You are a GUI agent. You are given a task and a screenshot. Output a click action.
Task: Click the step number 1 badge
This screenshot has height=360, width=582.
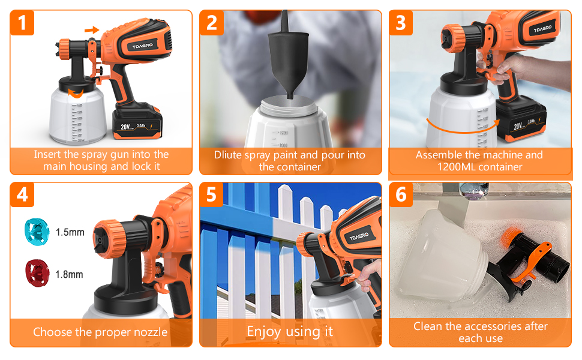tap(22, 23)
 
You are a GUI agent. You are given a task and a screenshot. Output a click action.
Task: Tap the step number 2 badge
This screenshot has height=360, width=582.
tap(212, 23)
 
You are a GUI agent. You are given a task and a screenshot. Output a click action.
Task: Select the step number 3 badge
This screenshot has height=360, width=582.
tap(401, 23)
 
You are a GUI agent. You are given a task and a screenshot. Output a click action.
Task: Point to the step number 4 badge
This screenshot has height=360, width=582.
tap(22, 196)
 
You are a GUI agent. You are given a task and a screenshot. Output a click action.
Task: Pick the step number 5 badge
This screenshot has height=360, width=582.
tap(212, 196)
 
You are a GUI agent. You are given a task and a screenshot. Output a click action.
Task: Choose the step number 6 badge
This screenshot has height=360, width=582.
tap(401, 196)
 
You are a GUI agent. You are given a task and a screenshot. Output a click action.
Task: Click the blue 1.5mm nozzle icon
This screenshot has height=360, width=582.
tap(34, 229)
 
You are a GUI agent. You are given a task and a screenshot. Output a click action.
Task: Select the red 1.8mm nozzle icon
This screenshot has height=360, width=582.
tap(35, 271)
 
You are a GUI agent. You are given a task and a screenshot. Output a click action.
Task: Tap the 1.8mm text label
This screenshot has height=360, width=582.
tap(70, 275)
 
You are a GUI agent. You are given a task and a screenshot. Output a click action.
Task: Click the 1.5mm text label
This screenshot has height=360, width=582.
tap(70, 232)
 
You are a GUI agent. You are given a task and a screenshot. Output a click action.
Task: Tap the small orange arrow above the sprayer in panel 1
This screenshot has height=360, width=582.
tap(91, 29)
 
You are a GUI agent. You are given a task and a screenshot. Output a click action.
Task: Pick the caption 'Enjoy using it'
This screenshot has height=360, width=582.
tap(290, 331)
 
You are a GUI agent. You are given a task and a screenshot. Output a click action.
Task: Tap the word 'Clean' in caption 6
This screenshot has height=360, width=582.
tap(427, 326)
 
